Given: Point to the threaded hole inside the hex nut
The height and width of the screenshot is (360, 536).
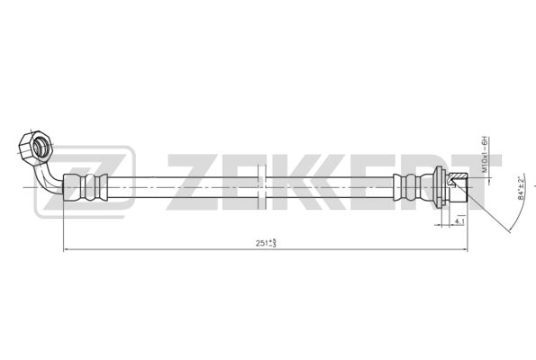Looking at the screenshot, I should (x=38, y=145).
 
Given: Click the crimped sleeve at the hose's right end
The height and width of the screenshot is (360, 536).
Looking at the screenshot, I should (x=410, y=186).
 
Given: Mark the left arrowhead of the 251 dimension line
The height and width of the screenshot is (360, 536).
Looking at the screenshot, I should (x=66, y=250).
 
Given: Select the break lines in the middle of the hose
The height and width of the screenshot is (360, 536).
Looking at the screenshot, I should (x=264, y=186).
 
